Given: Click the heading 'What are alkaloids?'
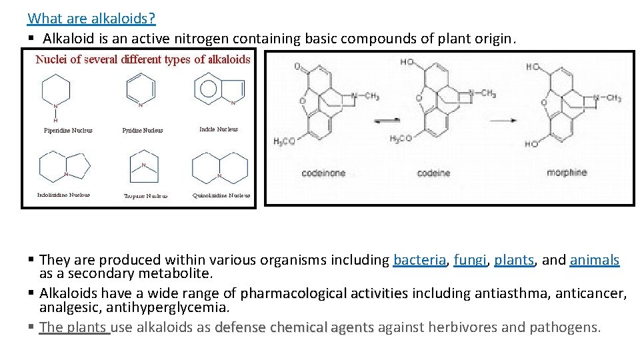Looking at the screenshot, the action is pyautogui.click(x=91, y=18).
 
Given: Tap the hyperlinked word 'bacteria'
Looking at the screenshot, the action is pyautogui.click(x=419, y=260).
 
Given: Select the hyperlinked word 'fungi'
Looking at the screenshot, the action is pyautogui.click(x=469, y=260).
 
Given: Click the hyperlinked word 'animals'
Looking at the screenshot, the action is pyautogui.click(x=595, y=260).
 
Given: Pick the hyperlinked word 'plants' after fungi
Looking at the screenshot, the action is pyautogui.click(x=514, y=260).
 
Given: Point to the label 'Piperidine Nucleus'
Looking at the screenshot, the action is pyautogui.click(x=68, y=131).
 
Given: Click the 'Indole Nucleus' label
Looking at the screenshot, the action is pyautogui.click(x=218, y=129).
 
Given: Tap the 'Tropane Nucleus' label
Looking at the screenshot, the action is pyautogui.click(x=146, y=196).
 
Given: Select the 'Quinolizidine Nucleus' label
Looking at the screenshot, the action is pyautogui.click(x=221, y=195).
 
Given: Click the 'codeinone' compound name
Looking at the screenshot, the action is pyautogui.click(x=323, y=173).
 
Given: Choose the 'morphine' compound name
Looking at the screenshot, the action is pyautogui.click(x=567, y=173).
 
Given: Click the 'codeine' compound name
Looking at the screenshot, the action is pyautogui.click(x=433, y=173).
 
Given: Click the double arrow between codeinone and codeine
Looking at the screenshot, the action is pyautogui.click(x=387, y=121).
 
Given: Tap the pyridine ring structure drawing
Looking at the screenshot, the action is pyautogui.click(x=141, y=89).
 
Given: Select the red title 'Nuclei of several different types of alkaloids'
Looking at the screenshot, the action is pyautogui.click(x=143, y=59).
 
